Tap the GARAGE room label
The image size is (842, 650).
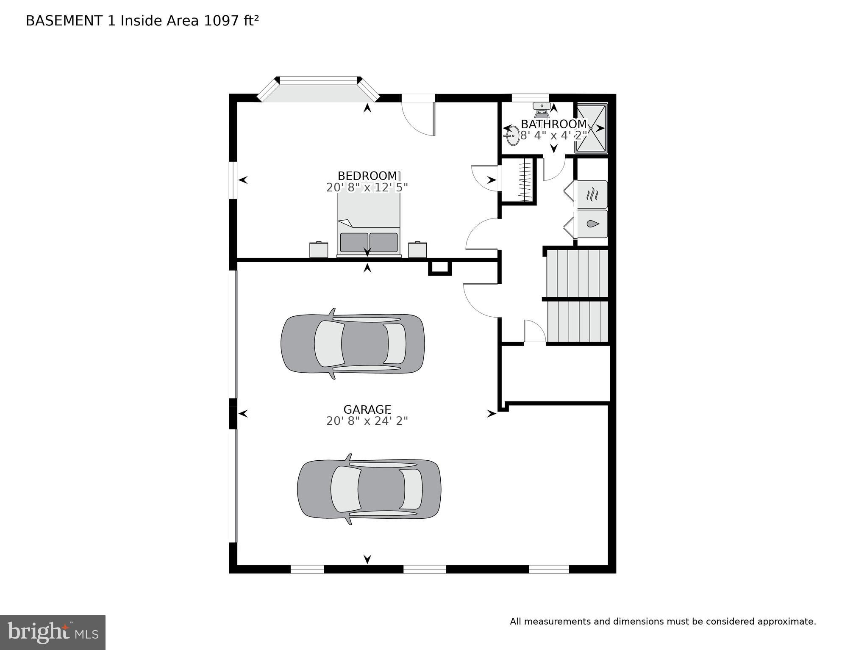(x=367, y=409)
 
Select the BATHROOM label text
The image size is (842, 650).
(x=553, y=124)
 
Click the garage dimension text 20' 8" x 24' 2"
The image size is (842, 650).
(x=367, y=421)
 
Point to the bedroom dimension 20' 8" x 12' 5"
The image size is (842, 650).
(x=367, y=187)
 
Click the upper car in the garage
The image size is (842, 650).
(x=353, y=343)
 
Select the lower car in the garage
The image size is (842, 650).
(x=369, y=489)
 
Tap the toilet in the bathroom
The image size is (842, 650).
(x=541, y=110)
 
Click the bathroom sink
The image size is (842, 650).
(x=512, y=136)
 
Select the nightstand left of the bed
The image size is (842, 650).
(x=319, y=249)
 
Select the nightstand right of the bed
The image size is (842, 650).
(x=417, y=249)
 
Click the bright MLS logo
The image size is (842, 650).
(x=53, y=632)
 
